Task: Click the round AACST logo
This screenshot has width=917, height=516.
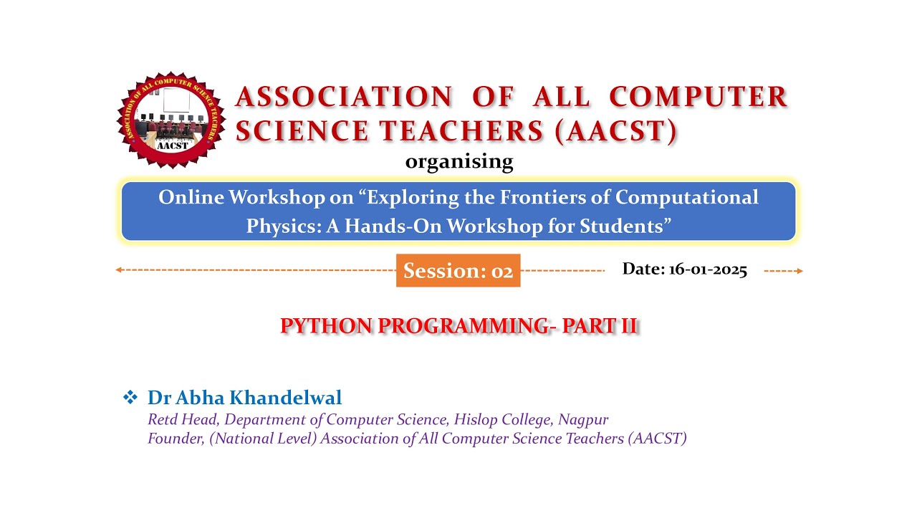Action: tap(171, 120)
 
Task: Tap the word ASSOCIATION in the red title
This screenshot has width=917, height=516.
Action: tap(343, 97)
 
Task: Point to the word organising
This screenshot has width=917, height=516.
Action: tap(459, 161)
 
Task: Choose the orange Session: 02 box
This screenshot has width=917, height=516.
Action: tap(458, 271)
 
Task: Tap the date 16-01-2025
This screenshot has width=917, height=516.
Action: tap(707, 269)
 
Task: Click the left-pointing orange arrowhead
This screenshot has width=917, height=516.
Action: tap(119, 270)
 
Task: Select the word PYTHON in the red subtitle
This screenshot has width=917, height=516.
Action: tap(326, 326)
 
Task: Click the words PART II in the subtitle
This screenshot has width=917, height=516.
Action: tap(600, 326)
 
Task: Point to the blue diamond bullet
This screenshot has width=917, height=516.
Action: tap(130, 397)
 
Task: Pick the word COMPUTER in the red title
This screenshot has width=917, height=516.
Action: tap(698, 97)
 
